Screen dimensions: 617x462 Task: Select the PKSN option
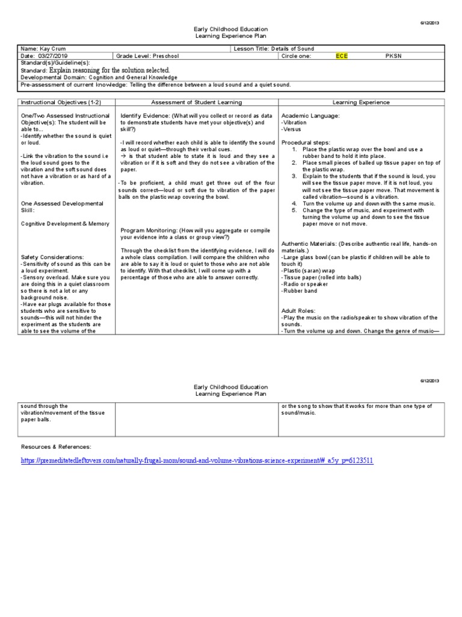pyautogui.click(x=392, y=55)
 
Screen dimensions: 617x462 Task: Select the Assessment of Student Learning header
pyautogui.click(x=196, y=102)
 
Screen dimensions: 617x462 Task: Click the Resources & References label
pyautogui.click(x=56, y=446)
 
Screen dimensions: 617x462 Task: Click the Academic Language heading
pyautogui.click(x=310, y=115)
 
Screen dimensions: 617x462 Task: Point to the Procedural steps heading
pyautogui.click(x=307, y=142)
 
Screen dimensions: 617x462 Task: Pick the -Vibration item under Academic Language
pyautogui.click(x=295, y=122)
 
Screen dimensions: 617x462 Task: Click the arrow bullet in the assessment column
pyautogui.click(x=123, y=156)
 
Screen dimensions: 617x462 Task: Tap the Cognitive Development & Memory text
pyautogui.click(x=65, y=224)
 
